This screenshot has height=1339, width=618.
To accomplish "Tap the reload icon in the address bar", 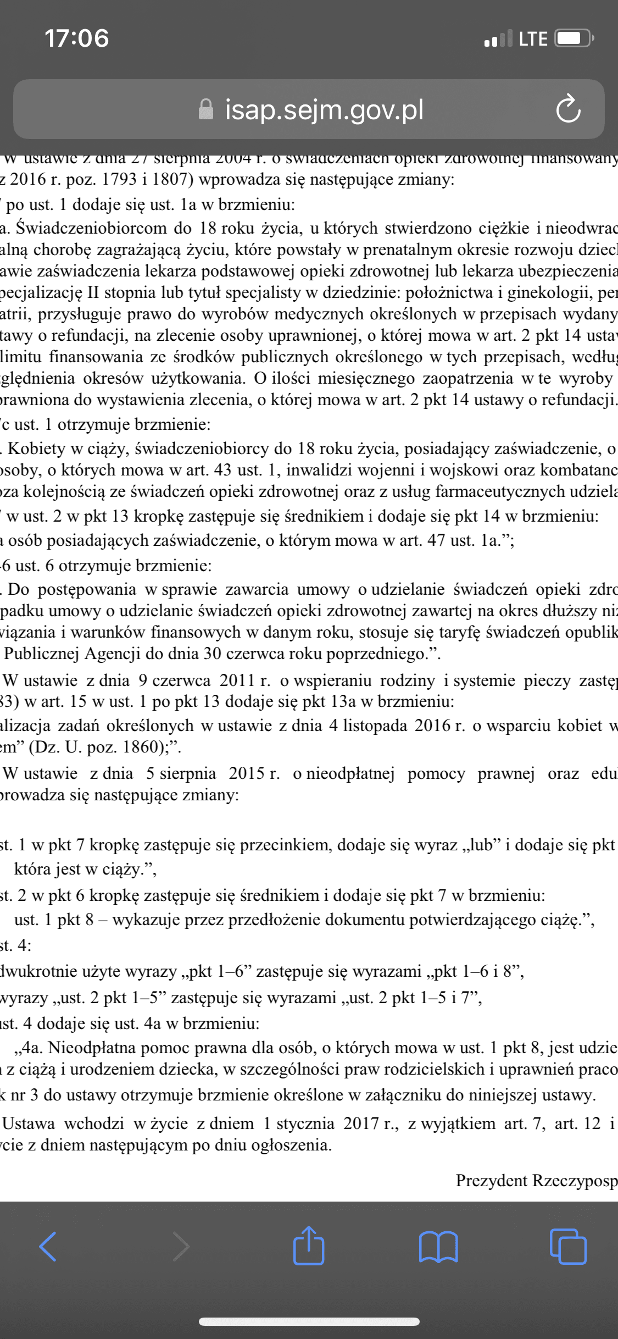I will pyautogui.click(x=568, y=109).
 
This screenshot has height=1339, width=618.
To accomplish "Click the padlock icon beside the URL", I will pyautogui.click(x=205, y=109).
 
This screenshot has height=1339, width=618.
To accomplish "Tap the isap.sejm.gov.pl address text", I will pyautogui.click(x=324, y=109).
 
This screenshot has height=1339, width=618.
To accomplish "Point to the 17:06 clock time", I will pyautogui.click(x=77, y=38).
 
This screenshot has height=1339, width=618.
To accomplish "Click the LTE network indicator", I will pyautogui.click(x=533, y=38).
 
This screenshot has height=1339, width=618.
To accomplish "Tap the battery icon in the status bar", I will pyautogui.click(x=574, y=38).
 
